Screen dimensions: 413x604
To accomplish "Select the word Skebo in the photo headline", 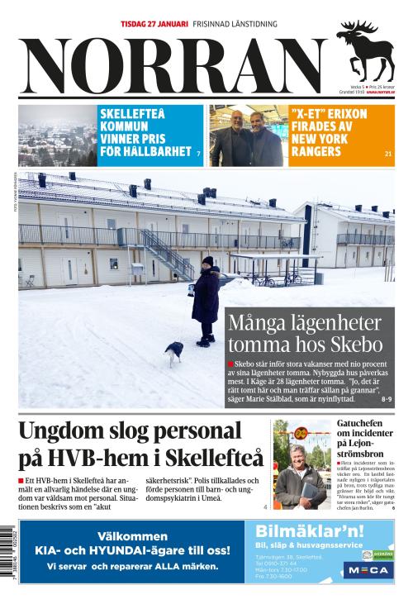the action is pyautogui.click(x=355, y=343).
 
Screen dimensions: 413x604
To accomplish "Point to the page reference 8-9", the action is pyautogui.click(x=387, y=399).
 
